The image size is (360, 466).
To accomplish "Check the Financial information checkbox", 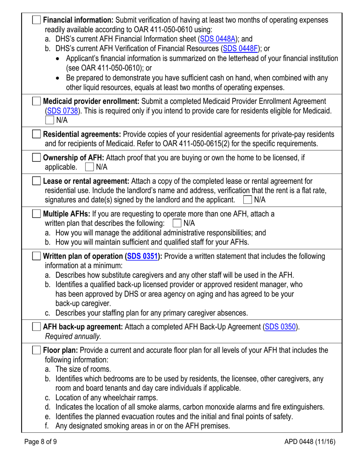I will point(37,20).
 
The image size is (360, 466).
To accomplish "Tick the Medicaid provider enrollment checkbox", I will point(37,101).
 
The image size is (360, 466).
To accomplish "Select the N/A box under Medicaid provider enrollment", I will point(49,120).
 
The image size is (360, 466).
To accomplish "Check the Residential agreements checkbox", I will point(37,134).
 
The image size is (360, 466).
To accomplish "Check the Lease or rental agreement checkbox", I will point(37,181).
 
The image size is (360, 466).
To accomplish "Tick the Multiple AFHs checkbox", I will point(37,214).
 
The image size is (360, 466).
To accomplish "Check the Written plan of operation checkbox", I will point(37,256).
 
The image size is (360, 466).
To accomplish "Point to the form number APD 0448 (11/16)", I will point(306,441).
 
